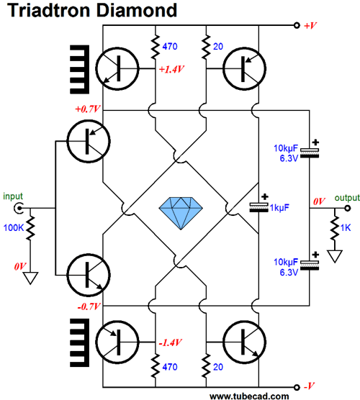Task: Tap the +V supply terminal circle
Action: pyautogui.click(x=297, y=25)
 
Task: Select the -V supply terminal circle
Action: pyautogui.click(x=297, y=387)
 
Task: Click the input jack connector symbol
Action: pyautogui.click(x=19, y=208)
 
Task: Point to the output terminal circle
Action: pyautogui.click(x=347, y=208)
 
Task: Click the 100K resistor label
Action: pyautogui.click(x=14, y=227)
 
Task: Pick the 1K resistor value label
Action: pyautogui.click(x=346, y=227)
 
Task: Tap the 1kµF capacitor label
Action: pyautogui.click(x=279, y=208)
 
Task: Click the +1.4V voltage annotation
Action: pyautogui.click(x=171, y=69)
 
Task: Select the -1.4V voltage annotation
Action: pyautogui.click(x=171, y=342)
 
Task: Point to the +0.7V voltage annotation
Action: pyautogui.click(x=88, y=109)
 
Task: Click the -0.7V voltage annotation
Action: pyautogui.click(x=89, y=306)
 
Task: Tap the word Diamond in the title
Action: pyautogui.click(x=137, y=10)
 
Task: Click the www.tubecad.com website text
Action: pyautogui.click(x=249, y=396)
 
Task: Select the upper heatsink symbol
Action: pyautogui.click(x=79, y=69)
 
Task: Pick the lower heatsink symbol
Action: pyautogui.click(x=79, y=342)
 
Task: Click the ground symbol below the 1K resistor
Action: pyautogui.click(x=335, y=256)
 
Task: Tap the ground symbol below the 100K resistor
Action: pyautogui.click(x=30, y=278)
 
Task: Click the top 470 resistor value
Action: pyautogui.click(x=170, y=47)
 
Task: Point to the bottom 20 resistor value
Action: pyautogui.click(x=217, y=367)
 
